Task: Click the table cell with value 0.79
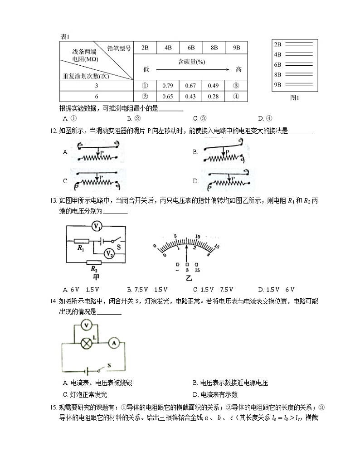pos(168,86)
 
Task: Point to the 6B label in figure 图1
pos(278,64)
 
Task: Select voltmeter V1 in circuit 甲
pos(97,225)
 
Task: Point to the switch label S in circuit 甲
pos(118,248)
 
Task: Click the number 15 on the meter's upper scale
pos(217,246)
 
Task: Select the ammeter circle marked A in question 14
pos(113,344)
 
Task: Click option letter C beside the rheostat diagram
pos(66,181)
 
